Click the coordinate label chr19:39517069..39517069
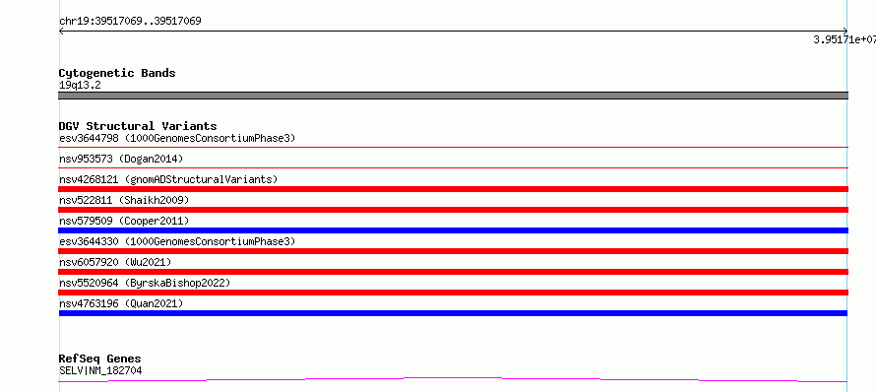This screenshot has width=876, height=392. tap(130, 22)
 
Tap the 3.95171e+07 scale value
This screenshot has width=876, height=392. tap(845, 39)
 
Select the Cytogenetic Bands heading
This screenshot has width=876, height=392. tap(117, 73)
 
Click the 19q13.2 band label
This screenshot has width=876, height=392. tap(80, 86)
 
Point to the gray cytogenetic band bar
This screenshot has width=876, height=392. tap(453, 96)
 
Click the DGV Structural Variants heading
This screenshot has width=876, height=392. tap(138, 126)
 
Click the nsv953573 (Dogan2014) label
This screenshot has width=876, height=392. tap(121, 159)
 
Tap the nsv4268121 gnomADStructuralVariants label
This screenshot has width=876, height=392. tap(168, 179)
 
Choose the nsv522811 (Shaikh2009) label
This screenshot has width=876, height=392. tap(124, 200)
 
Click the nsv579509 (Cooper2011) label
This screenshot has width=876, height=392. tap(124, 221)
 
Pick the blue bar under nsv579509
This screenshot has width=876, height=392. tap(453, 230)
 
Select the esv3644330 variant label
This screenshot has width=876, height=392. tap(177, 241)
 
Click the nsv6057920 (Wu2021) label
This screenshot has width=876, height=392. tap(115, 262)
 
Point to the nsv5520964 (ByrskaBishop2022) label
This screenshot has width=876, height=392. tap(145, 283)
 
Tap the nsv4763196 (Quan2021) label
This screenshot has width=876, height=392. tap(121, 303)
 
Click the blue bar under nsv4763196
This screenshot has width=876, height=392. tap(453, 313)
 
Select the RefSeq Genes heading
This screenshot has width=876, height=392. tap(100, 359)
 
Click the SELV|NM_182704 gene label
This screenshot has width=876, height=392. tap(100, 370)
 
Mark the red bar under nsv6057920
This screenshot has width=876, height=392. tap(453, 272)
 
